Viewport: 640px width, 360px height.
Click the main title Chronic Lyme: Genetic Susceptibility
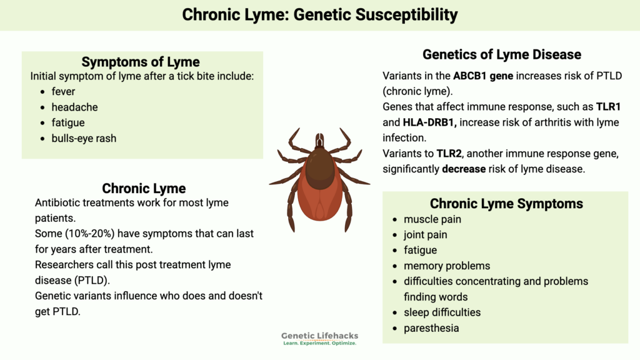pos(319,14)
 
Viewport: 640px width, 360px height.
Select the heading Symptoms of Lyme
pos(141,62)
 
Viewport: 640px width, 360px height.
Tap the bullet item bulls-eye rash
pos(84,138)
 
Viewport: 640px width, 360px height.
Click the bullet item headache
pos(74,107)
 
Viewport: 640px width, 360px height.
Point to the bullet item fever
pos(63,92)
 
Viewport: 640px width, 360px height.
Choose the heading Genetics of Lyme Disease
pos(502,54)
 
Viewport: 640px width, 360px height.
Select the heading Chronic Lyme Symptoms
pos(506,204)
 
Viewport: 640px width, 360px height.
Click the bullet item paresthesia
pos(431,328)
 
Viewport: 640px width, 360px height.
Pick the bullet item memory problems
pos(447,266)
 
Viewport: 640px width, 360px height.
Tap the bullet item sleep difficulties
pos(442,312)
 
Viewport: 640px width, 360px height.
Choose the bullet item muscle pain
pos(432,219)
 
